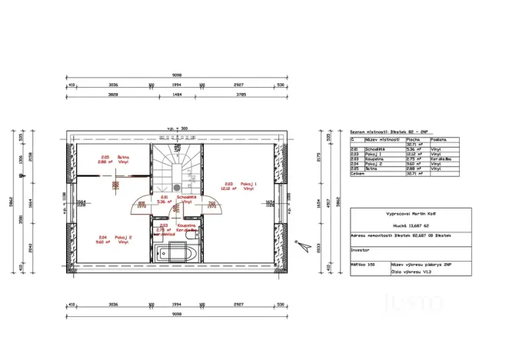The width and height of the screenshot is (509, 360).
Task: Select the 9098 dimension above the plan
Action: tap(178, 75)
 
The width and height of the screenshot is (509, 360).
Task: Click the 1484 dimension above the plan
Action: tap(177, 95)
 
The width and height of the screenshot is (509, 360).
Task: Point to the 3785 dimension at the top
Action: tap(240, 95)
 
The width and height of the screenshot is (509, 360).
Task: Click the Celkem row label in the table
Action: tap(358, 175)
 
